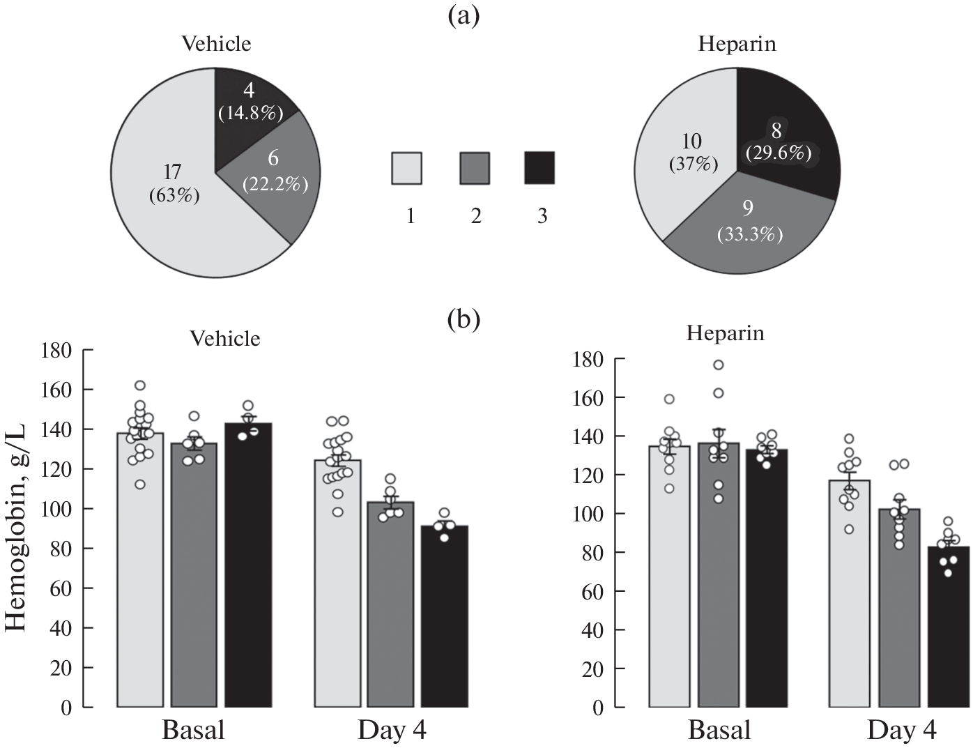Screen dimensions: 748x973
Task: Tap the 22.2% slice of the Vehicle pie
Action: (275, 174)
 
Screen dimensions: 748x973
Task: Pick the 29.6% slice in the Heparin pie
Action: (784, 139)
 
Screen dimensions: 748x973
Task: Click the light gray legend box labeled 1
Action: (406, 169)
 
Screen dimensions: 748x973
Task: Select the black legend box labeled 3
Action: (539, 168)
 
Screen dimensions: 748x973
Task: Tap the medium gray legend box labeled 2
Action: (475, 169)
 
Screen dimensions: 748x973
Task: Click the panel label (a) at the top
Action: (463, 15)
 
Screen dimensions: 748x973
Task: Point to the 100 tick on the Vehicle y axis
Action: (56, 509)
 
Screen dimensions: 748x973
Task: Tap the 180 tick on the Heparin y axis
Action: (588, 360)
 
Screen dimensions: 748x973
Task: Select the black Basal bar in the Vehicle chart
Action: (252, 565)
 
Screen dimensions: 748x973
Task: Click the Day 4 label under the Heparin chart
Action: (901, 731)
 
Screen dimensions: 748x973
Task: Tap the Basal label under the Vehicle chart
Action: (193, 731)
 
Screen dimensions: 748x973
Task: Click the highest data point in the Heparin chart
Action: (718, 365)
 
